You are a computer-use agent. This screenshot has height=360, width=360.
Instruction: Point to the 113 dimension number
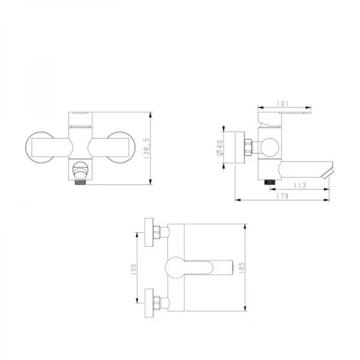tap(301, 185)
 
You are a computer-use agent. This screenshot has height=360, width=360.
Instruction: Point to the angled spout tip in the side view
tap(326, 174)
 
